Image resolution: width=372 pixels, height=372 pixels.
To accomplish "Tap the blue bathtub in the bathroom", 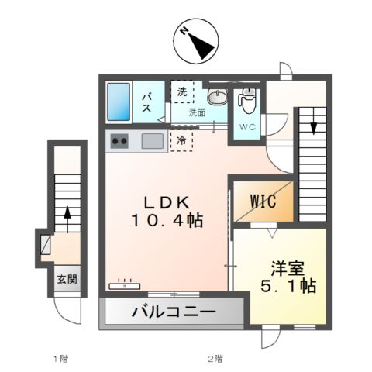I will point(119,101).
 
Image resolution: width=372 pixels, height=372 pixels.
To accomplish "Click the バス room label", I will point(146,102).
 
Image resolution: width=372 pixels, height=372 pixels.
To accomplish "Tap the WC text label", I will point(247,126).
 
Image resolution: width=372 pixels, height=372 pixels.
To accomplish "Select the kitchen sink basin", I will point(153,141).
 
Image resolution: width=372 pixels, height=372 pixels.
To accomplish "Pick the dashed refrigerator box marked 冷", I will point(181,140).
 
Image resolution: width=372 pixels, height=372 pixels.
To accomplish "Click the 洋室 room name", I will point(287,268).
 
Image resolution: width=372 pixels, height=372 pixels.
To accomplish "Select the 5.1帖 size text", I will point(287,286).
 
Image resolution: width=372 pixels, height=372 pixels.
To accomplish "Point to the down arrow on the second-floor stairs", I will point(313,119).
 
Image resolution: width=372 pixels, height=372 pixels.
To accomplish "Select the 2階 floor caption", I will point(215,359).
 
